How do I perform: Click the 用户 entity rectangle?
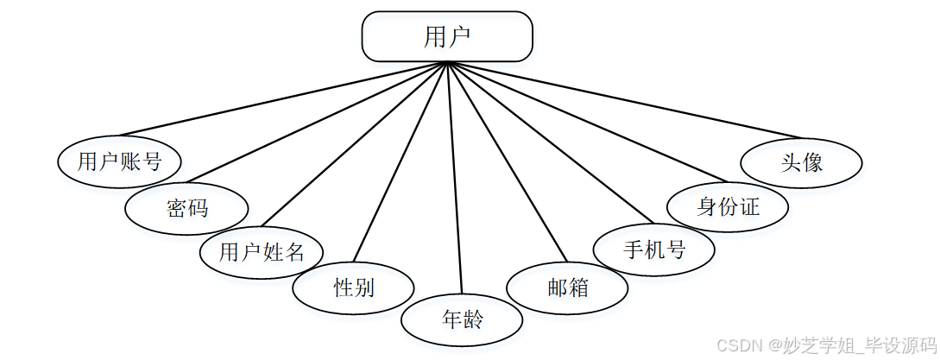(x=447, y=36)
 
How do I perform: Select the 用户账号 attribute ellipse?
(x=120, y=161)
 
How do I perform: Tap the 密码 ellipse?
(x=187, y=208)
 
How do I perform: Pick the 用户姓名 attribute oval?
(x=262, y=252)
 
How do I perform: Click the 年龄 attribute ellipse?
(x=463, y=320)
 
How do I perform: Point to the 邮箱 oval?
(x=567, y=287)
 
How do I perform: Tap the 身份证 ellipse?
(x=729, y=207)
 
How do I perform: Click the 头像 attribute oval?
(x=802, y=162)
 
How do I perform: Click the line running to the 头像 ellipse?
(x=621, y=99)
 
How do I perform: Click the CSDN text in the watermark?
(x=735, y=345)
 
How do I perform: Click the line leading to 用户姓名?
(x=354, y=142)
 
